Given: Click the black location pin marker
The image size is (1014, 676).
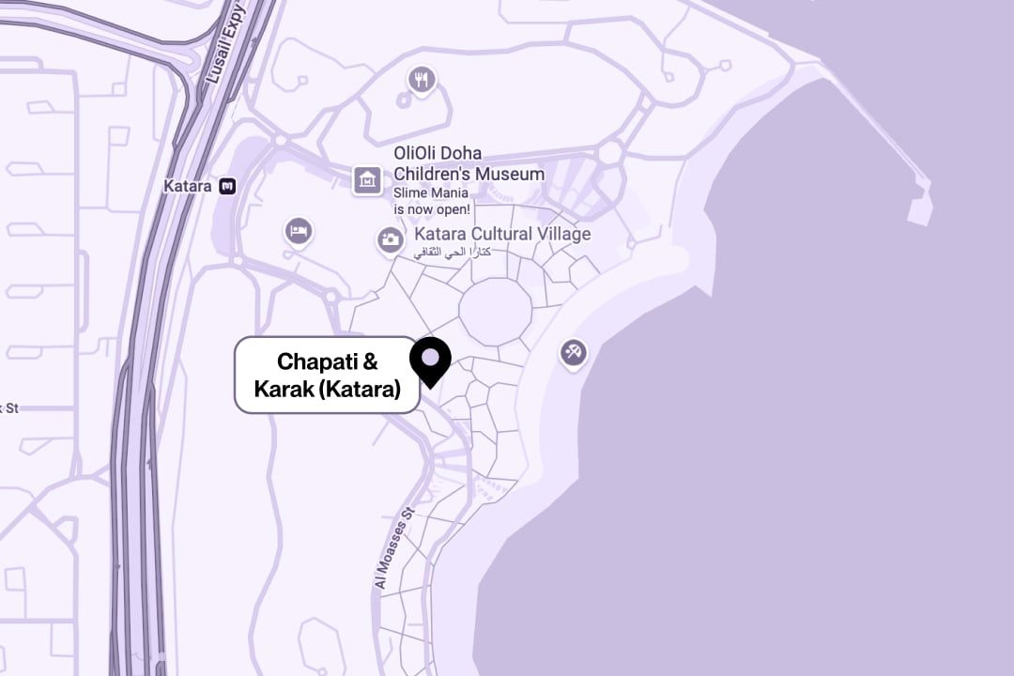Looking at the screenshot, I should (x=431, y=359).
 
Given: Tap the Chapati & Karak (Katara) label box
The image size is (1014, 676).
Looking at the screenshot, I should (x=326, y=375).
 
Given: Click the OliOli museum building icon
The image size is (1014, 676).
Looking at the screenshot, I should (x=367, y=179).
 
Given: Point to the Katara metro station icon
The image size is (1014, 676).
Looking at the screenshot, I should (x=227, y=186).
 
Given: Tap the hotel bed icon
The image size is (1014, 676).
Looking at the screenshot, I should (x=299, y=231).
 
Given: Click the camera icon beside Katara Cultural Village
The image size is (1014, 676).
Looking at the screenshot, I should (x=390, y=239).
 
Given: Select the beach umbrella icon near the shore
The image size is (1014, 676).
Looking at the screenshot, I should (x=573, y=353).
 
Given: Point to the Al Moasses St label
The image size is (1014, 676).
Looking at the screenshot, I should (x=394, y=548).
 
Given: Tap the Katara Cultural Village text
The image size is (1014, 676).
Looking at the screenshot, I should (x=502, y=234).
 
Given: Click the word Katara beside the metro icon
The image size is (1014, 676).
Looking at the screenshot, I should (x=188, y=186).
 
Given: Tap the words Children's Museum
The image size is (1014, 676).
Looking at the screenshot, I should (x=469, y=174).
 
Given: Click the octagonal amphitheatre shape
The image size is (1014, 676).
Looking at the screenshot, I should (x=495, y=310).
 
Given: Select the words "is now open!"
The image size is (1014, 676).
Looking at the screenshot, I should (x=432, y=208).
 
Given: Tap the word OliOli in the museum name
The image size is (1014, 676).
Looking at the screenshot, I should (x=418, y=153).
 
